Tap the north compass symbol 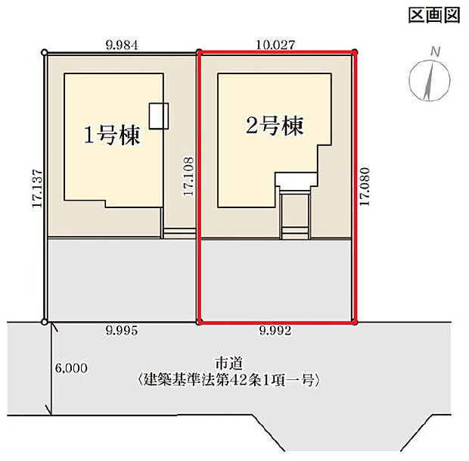tap(427, 81)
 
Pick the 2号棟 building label tap(275, 126)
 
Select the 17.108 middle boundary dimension tap(188, 177)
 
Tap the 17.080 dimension tap(365, 186)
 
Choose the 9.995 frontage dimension tap(123, 330)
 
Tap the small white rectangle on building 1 tap(159, 115)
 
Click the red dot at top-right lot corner tap(355, 52)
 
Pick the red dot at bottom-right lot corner tap(355, 322)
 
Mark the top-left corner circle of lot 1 tap(45, 52)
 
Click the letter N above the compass tap(435, 52)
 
